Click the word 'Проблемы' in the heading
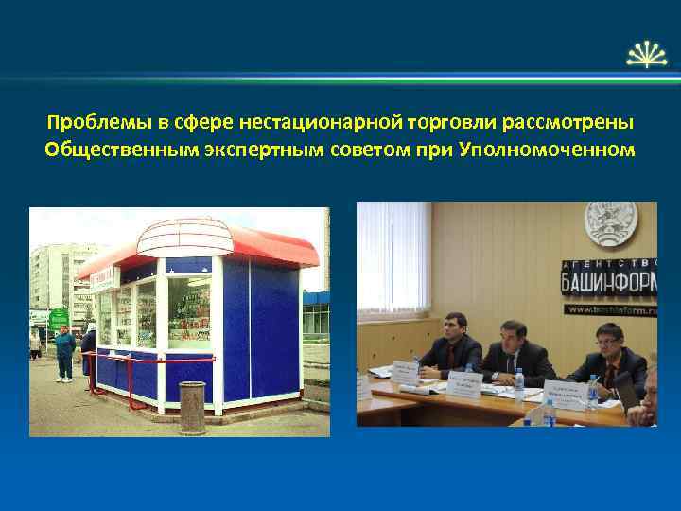90,123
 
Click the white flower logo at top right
647,55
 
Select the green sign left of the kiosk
59,317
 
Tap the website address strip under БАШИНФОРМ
610,308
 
